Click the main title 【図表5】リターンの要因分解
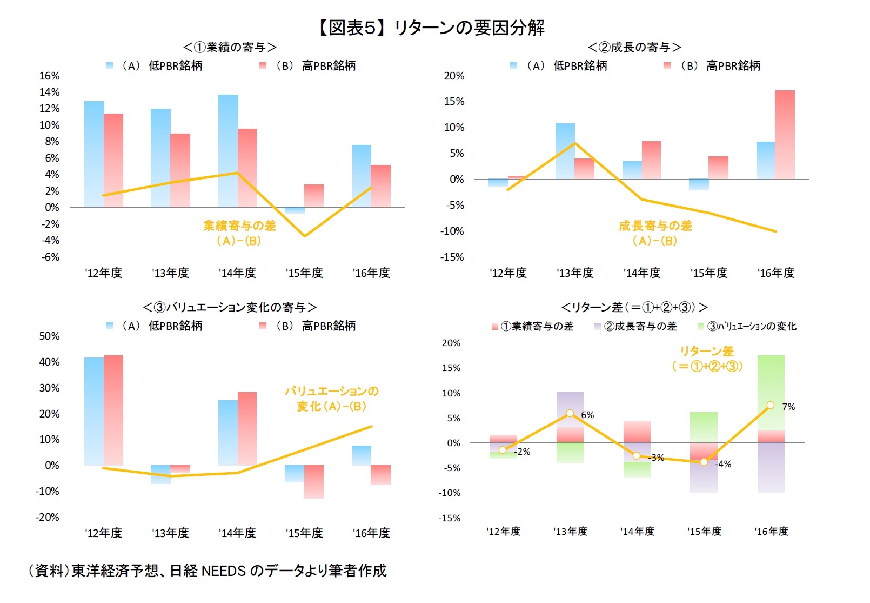(x=431, y=27)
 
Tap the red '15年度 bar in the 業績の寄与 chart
(x=314, y=196)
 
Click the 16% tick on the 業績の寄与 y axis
(x=49, y=76)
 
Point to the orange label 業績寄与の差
(x=239, y=226)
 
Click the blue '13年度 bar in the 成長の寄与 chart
(x=565, y=151)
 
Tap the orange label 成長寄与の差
(x=655, y=226)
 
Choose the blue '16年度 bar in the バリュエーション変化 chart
(x=362, y=455)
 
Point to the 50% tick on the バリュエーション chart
(x=49, y=336)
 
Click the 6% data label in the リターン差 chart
(x=587, y=415)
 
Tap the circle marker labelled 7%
(x=771, y=405)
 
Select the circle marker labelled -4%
(x=704, y=462)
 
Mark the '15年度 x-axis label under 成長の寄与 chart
(x=709, y=273)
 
